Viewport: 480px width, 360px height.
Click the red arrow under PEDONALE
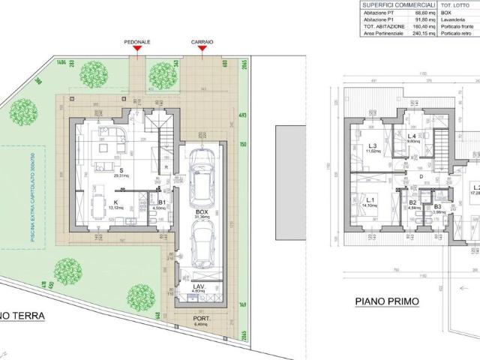(x=136, y=50)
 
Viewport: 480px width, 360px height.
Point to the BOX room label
(x=200, y=212)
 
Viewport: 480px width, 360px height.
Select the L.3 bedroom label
(x=372, y=146)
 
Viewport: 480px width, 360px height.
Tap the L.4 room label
(x=412, y=136)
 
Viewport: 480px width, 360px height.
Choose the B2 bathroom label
(x=412, y=202)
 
